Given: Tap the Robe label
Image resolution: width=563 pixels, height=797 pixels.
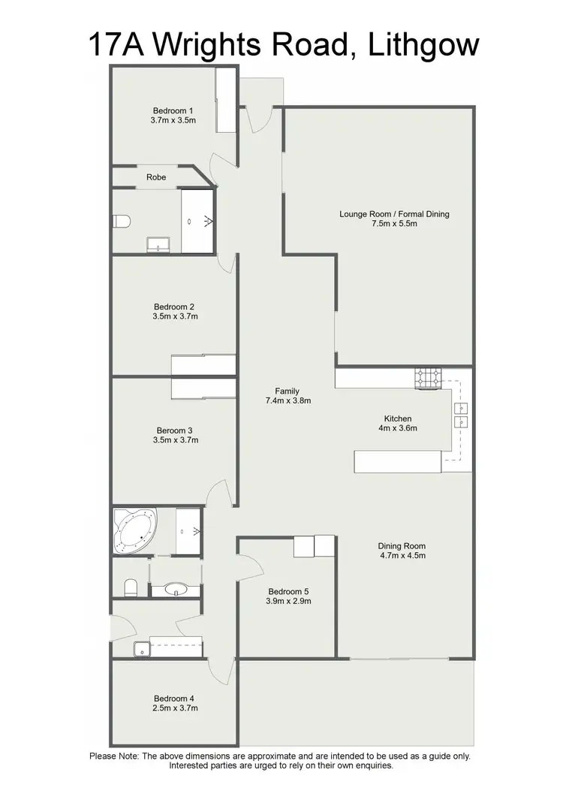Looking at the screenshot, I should tap(156, 177).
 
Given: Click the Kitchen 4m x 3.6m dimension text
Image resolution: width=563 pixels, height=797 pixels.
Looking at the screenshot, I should tap(398, 428).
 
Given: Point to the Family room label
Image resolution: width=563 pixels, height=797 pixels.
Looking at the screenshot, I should tap(287, 391).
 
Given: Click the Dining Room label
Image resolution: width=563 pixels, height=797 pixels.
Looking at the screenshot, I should tap(402, 546).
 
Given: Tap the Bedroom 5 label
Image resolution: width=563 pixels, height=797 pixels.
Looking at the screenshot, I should tap(288, 590).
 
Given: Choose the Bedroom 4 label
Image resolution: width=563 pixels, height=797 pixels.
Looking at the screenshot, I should tap(175, 698).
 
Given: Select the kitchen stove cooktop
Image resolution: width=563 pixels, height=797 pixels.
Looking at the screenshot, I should tap(429, 379).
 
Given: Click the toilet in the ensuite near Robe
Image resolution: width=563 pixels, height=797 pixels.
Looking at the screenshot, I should tap(121, 221).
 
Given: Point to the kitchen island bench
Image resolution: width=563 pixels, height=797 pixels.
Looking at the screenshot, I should tap(398, 461).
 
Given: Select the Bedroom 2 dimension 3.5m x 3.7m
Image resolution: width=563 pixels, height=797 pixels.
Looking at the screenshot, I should tap(175, 316).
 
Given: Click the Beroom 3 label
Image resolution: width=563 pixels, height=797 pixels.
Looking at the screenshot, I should tap(175, 430).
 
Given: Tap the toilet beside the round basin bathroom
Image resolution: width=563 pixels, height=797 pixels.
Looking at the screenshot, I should tap(129, 586).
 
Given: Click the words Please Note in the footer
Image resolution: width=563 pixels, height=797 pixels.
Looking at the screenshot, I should tap(113, 756).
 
